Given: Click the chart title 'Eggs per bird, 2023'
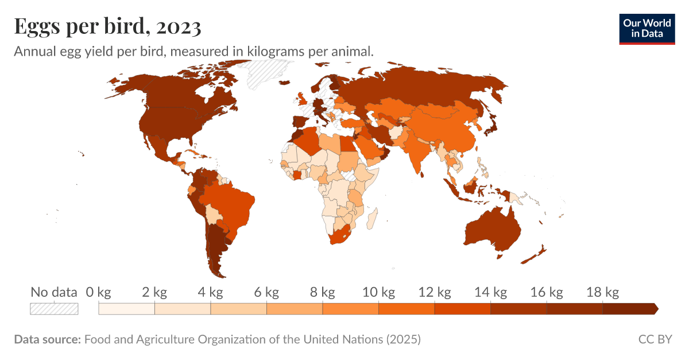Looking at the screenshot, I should [x=107, y=26].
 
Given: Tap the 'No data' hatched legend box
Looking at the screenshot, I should [x=54, y=309].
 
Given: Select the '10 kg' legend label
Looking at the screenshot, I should [x=378, y=293].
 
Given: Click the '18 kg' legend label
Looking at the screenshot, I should [x=603, y=293].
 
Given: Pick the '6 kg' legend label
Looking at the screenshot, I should [x=266, y=293].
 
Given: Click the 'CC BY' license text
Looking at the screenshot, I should [x=655, y=339].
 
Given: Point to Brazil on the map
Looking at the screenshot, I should [x=230, y=204].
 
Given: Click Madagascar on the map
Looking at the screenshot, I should [x=372, y=218].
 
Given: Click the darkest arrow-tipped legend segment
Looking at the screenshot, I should [x=629, y=309].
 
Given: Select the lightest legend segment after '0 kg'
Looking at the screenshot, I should [x=126, y=309].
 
